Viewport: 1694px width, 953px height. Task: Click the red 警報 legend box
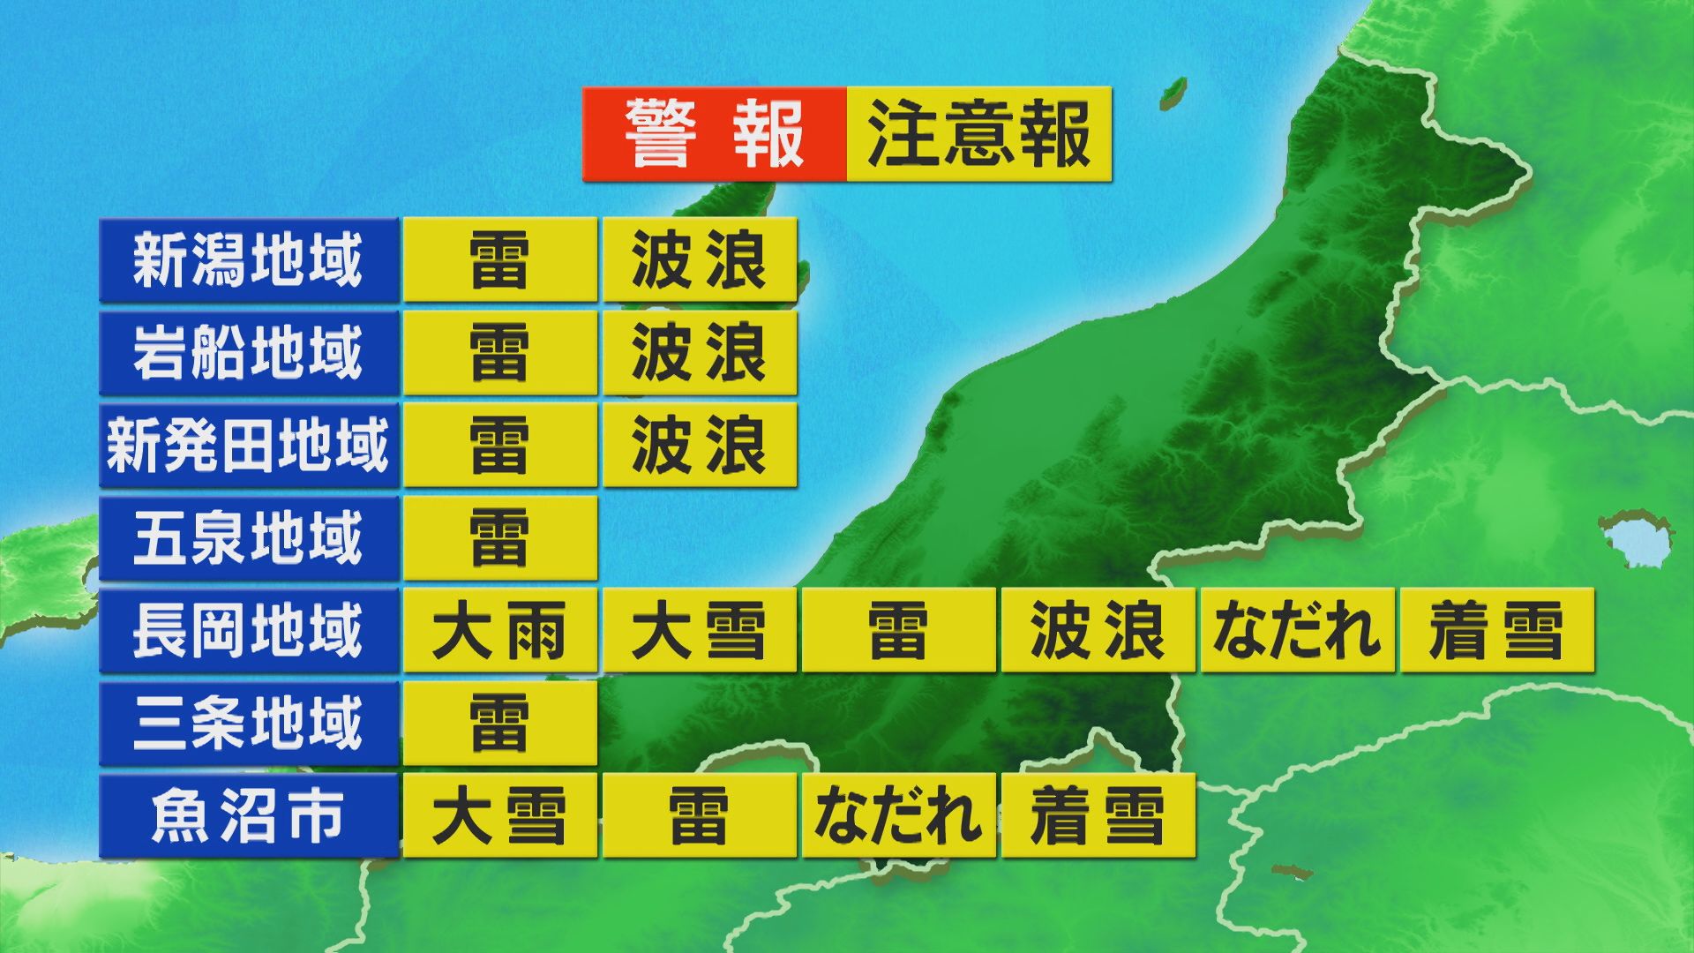click(714, 134)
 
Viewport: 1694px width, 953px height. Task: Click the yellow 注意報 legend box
click(978, 134)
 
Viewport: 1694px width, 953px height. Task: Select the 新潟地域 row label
click(248, 260)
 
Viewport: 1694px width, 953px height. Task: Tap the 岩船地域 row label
click(248, 353)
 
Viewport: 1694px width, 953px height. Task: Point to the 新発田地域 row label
click(248, 446)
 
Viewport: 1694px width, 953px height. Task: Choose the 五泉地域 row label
click(248, 538)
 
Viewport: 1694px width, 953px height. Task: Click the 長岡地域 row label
click(248, 631)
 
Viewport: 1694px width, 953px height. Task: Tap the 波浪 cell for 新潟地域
click(700, 260)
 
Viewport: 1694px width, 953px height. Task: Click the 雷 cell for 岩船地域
click(499, 353)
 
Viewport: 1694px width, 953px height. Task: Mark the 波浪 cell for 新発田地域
click(700, 446)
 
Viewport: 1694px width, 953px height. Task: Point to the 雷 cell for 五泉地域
click(499, 538)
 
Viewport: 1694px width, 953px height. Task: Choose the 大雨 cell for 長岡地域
click(499, 631)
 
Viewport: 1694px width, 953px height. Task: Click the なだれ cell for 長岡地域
click(1297, 631)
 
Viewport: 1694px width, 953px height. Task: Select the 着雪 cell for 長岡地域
click(1496, 631)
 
